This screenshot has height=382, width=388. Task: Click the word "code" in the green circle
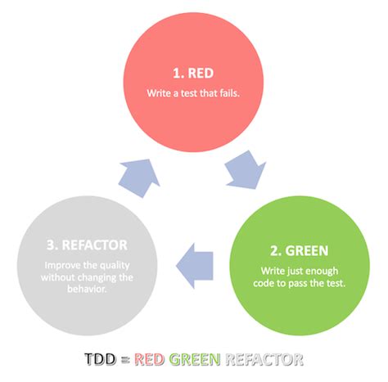[x=275, y=283]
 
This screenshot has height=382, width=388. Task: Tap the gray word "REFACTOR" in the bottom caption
[x=266, y=358]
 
